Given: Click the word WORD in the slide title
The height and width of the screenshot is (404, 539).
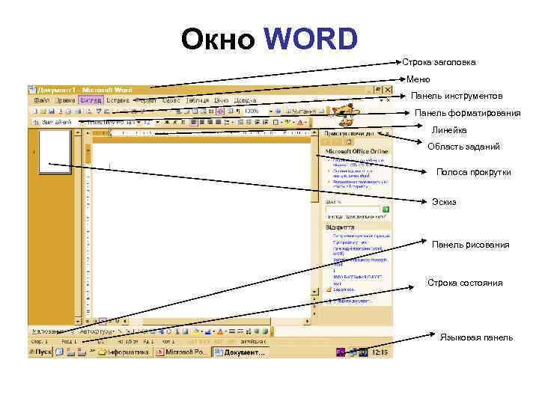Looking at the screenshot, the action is pyautogui.click(x=311, y=40).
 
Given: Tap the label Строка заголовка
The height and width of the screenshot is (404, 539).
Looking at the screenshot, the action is pyautogui.click(x=439, y=63).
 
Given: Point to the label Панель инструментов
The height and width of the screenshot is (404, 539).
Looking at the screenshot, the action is pyautogui.click(x=457, y=97).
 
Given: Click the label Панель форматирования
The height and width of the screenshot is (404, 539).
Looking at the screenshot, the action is pyautogui.click(x=467, y=114).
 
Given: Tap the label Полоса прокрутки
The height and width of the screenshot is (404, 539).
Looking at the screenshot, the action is pyautogui.click(x=474, y=173).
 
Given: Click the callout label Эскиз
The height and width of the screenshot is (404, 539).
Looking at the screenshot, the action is pyautogui.click(x=444, y=202).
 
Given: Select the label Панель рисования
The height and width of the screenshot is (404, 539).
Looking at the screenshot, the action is pyautogui.click(x=470, y=245).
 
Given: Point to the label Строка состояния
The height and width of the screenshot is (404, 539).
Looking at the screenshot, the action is pyautogui.click(x=465, y=283).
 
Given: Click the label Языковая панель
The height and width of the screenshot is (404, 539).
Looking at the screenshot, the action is pyautogui.click(x=476, y=337).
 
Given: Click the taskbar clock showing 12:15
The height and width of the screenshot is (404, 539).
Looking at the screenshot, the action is pyautogui.click(x=380, y=352).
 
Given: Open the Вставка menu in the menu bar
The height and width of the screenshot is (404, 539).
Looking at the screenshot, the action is pyautogui.click(x=118, y=100).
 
